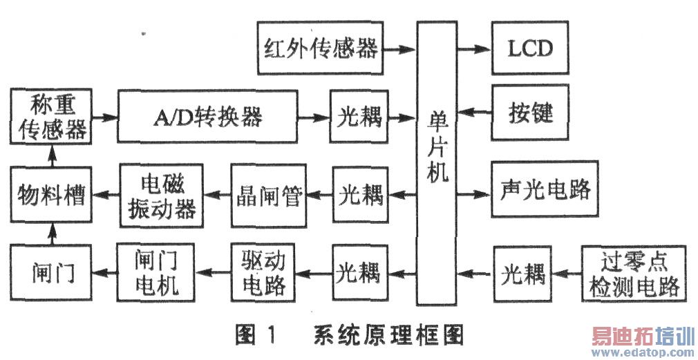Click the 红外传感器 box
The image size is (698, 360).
(321, 48)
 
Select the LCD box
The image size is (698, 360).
(530, 48)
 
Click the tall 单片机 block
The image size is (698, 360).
(437, 162)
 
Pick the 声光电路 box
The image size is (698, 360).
(544, 190)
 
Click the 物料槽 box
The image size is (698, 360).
(50, 196)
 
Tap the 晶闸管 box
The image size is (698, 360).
(267, 196)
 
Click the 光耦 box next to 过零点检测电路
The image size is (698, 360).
(522, 274)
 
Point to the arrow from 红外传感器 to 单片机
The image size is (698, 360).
(399, 48)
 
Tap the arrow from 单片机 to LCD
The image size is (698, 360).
(475, 48)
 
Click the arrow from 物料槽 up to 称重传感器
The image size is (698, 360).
(50, 157)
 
